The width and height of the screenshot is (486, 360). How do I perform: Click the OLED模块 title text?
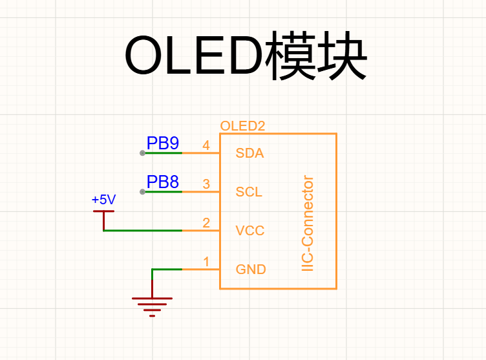tap(246, 55)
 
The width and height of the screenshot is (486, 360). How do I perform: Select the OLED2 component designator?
tap(243, 126)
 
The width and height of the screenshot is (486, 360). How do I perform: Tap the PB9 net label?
tap(163, 143)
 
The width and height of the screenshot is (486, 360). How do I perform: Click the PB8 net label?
tap(163, 182)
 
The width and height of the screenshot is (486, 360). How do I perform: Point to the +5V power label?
tap(103, 199)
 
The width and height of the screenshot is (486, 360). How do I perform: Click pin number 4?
tap(206, 145)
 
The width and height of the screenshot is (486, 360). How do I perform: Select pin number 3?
tap(206, 184)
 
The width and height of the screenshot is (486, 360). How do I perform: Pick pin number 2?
tap(206, 222)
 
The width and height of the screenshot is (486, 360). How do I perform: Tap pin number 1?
tap(206, 262)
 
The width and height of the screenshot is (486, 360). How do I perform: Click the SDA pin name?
tap(249, 153)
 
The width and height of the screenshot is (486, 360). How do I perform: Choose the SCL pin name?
tap(249, 192)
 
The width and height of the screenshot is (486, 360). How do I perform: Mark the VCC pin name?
tap(250, 231)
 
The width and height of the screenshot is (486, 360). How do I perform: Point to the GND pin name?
tap(251, 270)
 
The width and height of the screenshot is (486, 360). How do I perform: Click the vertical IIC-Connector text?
tap(308, 223)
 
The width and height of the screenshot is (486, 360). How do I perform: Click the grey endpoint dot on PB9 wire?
tap(142, 153)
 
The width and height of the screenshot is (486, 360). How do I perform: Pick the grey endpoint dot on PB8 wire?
tap(142, 192)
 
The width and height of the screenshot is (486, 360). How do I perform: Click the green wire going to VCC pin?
tap(143, 231)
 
